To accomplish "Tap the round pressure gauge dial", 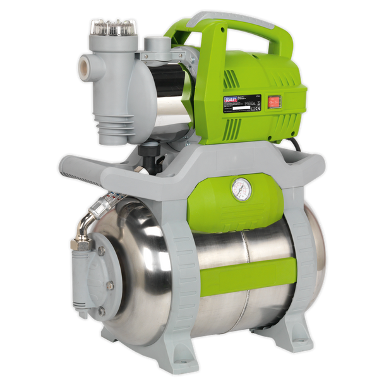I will (x=241, y=189).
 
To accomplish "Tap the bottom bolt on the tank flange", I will (x=100, y=311).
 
